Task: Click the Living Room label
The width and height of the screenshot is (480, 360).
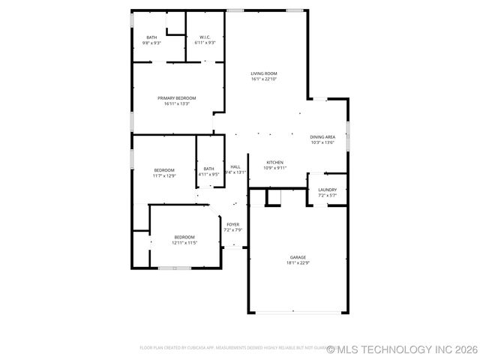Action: (x=264, y=73)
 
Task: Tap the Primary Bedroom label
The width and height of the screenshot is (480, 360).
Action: (x=177, y=98)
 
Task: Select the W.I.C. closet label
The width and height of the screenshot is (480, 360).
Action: (x=205, y=37)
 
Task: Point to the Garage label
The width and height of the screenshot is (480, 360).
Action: (x=298, y=257)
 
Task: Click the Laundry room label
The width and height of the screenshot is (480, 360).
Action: (x=327, y=190)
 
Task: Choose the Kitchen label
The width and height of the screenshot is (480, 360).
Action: (x=275, y=163)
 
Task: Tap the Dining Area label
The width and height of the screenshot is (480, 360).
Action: (x=322, y=137)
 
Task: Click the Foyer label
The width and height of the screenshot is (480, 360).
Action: (x=233, y=224)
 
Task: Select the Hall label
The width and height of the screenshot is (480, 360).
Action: (x=235, y=166)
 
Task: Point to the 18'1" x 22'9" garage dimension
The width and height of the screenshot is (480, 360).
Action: (x=298, y=263)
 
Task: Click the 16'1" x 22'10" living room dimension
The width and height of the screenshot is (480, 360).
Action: (x=264, y=79)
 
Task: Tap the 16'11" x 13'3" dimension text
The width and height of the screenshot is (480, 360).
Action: (x=177, y=103)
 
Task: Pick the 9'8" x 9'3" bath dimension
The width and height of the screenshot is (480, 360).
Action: (x=152, y=43)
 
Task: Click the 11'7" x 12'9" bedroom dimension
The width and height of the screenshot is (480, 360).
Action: (x=165, y=175)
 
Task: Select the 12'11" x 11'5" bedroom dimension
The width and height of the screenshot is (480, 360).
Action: (x=184, y=243)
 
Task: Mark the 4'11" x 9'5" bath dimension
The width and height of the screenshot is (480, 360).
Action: (x=208, y=175)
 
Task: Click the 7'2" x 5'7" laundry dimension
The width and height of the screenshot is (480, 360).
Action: (x=327, y=196)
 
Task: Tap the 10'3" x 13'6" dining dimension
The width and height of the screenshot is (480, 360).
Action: (x=322, y=142)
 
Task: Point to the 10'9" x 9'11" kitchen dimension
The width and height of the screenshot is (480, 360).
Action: (x=275, y=168)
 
